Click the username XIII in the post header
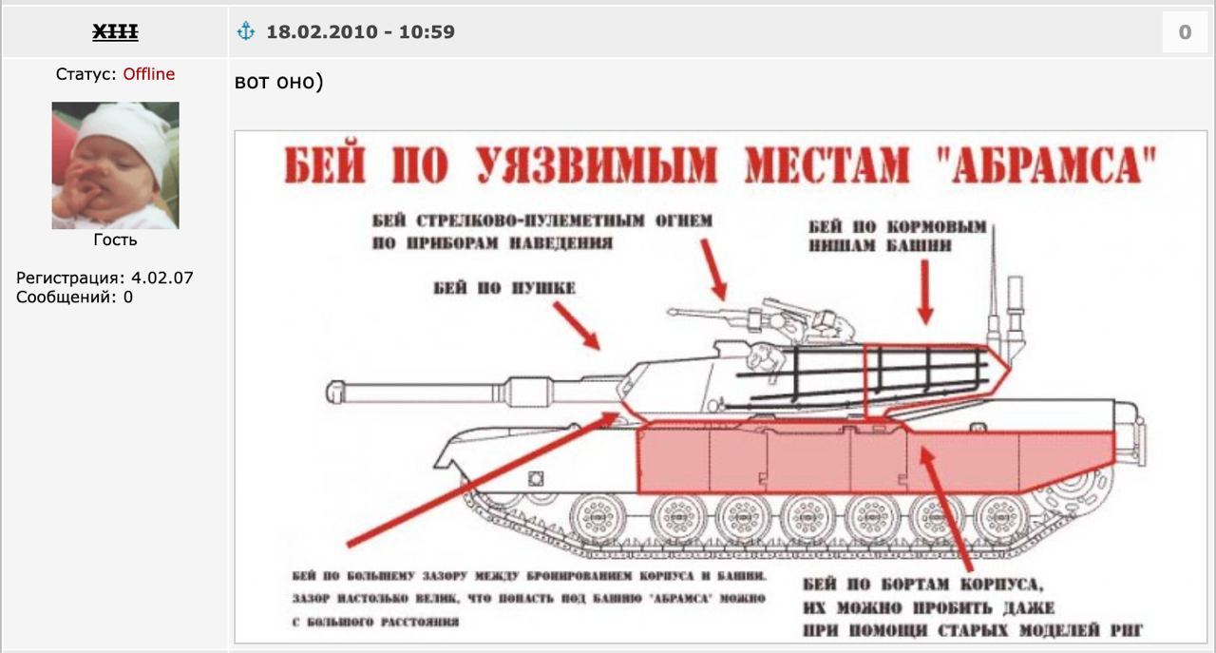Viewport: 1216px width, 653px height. click(115, 32)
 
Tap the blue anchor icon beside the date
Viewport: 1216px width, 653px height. click(246, 31)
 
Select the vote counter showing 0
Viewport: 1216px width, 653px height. click(1185, 32)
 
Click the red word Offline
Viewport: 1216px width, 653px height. click(149, 74)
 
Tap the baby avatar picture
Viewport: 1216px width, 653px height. click(115, 165)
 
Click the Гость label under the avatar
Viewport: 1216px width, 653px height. click(115, 240)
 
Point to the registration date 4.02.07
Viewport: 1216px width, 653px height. click(162, 278)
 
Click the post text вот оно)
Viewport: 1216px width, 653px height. click(279, 82)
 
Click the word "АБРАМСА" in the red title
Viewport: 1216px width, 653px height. click(1048, 165)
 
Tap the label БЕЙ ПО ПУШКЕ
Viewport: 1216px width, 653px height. click(504, 287)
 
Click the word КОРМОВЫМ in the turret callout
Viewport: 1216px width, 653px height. click(937, 226)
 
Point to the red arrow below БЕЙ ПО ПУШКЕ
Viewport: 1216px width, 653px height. click(577, 326)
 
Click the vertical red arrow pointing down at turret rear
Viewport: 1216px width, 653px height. click(925, 292)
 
